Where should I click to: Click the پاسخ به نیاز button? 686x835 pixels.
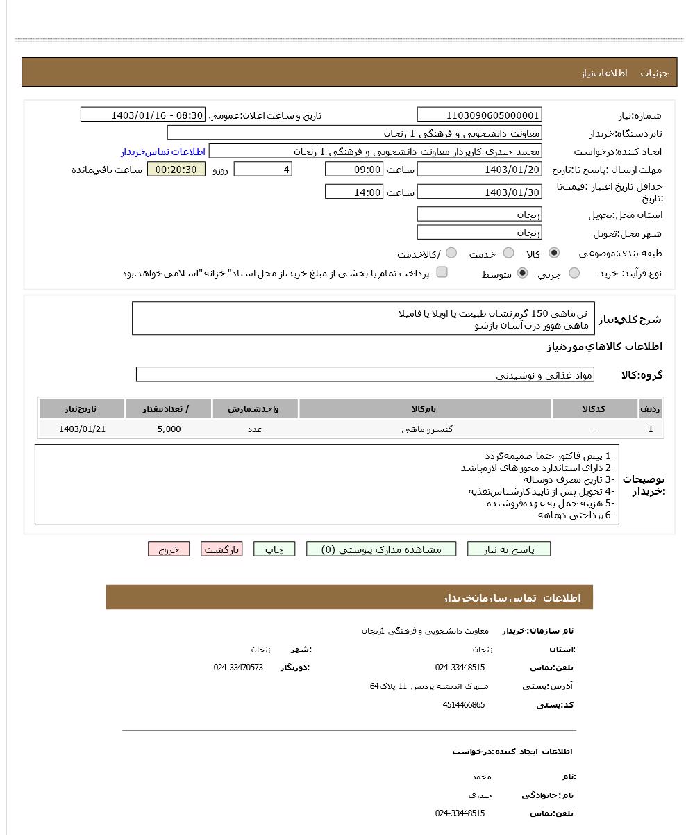[x=508, y=549]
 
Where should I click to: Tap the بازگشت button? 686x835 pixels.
[x=221, y=549]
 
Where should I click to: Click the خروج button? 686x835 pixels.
[x=169, y=549]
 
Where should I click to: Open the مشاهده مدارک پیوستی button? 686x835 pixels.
[x=381, y=549]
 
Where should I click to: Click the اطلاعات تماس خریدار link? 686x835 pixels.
[x=163, y=151]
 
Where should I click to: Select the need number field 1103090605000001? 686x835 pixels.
[x=479, y=115]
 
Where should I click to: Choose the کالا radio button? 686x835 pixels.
[x=553, y=254]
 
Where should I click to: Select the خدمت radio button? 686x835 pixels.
[x=508, y=254]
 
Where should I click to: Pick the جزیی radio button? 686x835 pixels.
[x=574, y=274]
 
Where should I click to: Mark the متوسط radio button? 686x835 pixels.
[x=522, y=274]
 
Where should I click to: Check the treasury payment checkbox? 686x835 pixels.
[x=442, y=272]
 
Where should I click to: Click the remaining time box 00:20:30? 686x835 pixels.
[x=176, y=170]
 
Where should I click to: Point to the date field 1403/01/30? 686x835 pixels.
[x=479, y=192]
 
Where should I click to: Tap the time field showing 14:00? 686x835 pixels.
[x=353, y=192]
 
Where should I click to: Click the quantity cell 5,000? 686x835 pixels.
[x=169, y=429]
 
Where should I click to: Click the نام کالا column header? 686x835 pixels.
[x=425, y=409]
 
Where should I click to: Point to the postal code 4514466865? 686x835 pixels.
[x=463, y=705]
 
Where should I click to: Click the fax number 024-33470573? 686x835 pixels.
[x=238, y=668]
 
